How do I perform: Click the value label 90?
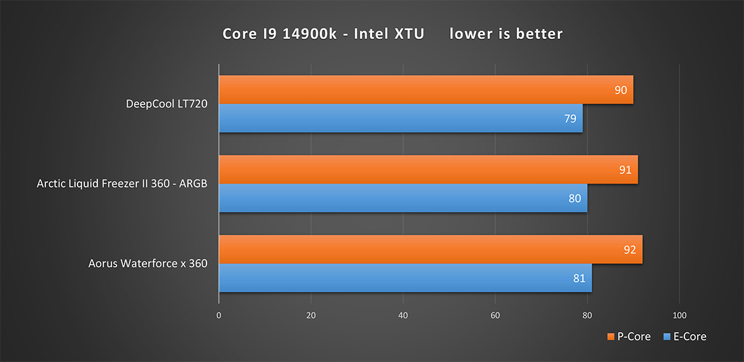click(621, 90)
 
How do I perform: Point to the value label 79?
click(570, 118)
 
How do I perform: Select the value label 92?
click(630, 249)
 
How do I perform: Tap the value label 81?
click(579, 278)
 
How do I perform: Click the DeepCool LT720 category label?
click(166, 104)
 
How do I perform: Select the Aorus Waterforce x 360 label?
click(148, 263)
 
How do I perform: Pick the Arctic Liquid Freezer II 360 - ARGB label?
click(122, 184)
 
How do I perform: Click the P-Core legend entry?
click(629, 337)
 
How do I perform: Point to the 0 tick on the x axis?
click(219, 315)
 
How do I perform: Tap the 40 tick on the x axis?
click(403, 315)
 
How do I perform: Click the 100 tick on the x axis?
click(680, 315)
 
